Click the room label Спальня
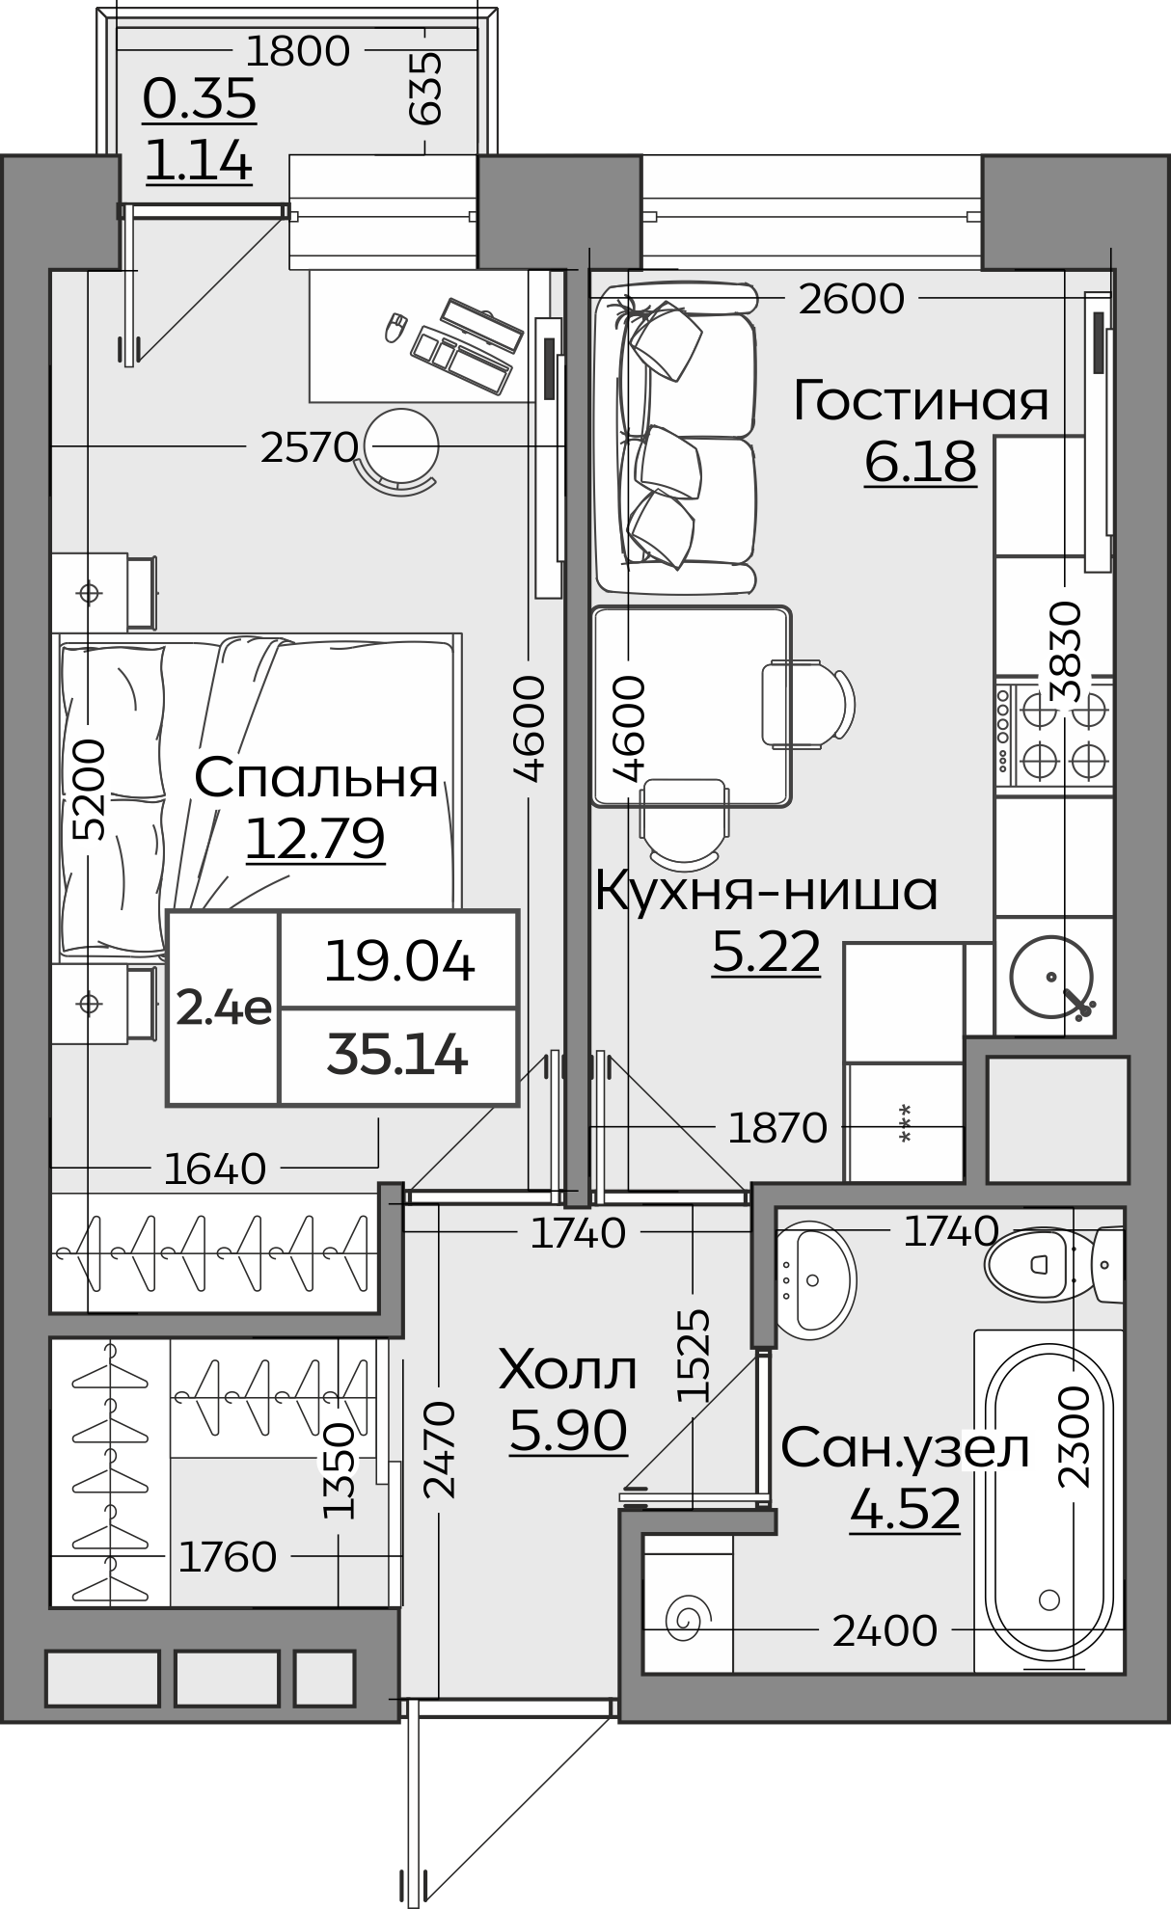(x=316, y=778)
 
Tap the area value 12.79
(x=315, y=838)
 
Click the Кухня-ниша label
(x=766, y=892)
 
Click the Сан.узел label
(x=905, y=1449)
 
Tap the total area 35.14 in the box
(x=397, y=1056)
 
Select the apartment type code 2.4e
(x=224, y=1008)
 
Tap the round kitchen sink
(x=1051, y=980)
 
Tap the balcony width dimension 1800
(x=298, y=51)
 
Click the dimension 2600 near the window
(x=851, y=299)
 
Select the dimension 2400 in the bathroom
(x=884, y=1631)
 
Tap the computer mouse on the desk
(x=395, y=327)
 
